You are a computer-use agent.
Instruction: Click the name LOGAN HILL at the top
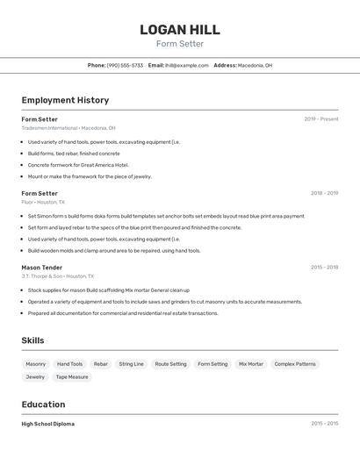coord(179,30)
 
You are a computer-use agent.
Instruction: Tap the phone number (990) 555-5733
coord(125,65)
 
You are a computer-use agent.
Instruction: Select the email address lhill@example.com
coord(187,65)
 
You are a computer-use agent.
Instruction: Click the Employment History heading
coord(65,100)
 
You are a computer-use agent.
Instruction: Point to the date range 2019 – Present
coord(320,119)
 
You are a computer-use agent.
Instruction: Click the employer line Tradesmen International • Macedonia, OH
coord(68,128)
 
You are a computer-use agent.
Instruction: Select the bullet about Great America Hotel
coord(78,165)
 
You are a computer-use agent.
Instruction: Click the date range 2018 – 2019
coord(324,193)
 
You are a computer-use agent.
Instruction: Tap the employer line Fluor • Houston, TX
coord(43,202)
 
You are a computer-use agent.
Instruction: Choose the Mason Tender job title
coord(42,267)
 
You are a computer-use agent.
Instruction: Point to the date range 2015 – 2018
coord(324,267)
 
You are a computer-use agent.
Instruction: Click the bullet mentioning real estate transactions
coord(123,313)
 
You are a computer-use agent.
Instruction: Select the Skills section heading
coord(32,340)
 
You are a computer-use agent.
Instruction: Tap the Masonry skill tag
coord(36,364)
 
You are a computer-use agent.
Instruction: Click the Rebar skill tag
coord(101,364)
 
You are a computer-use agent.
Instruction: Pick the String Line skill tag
coord(132,364)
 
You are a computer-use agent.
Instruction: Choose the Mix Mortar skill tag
coord(251,364)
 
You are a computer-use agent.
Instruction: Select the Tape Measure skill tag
coord(72,377)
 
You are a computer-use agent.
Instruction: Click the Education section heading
coord(43,404)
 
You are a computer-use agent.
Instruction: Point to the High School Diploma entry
coord(48,424)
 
